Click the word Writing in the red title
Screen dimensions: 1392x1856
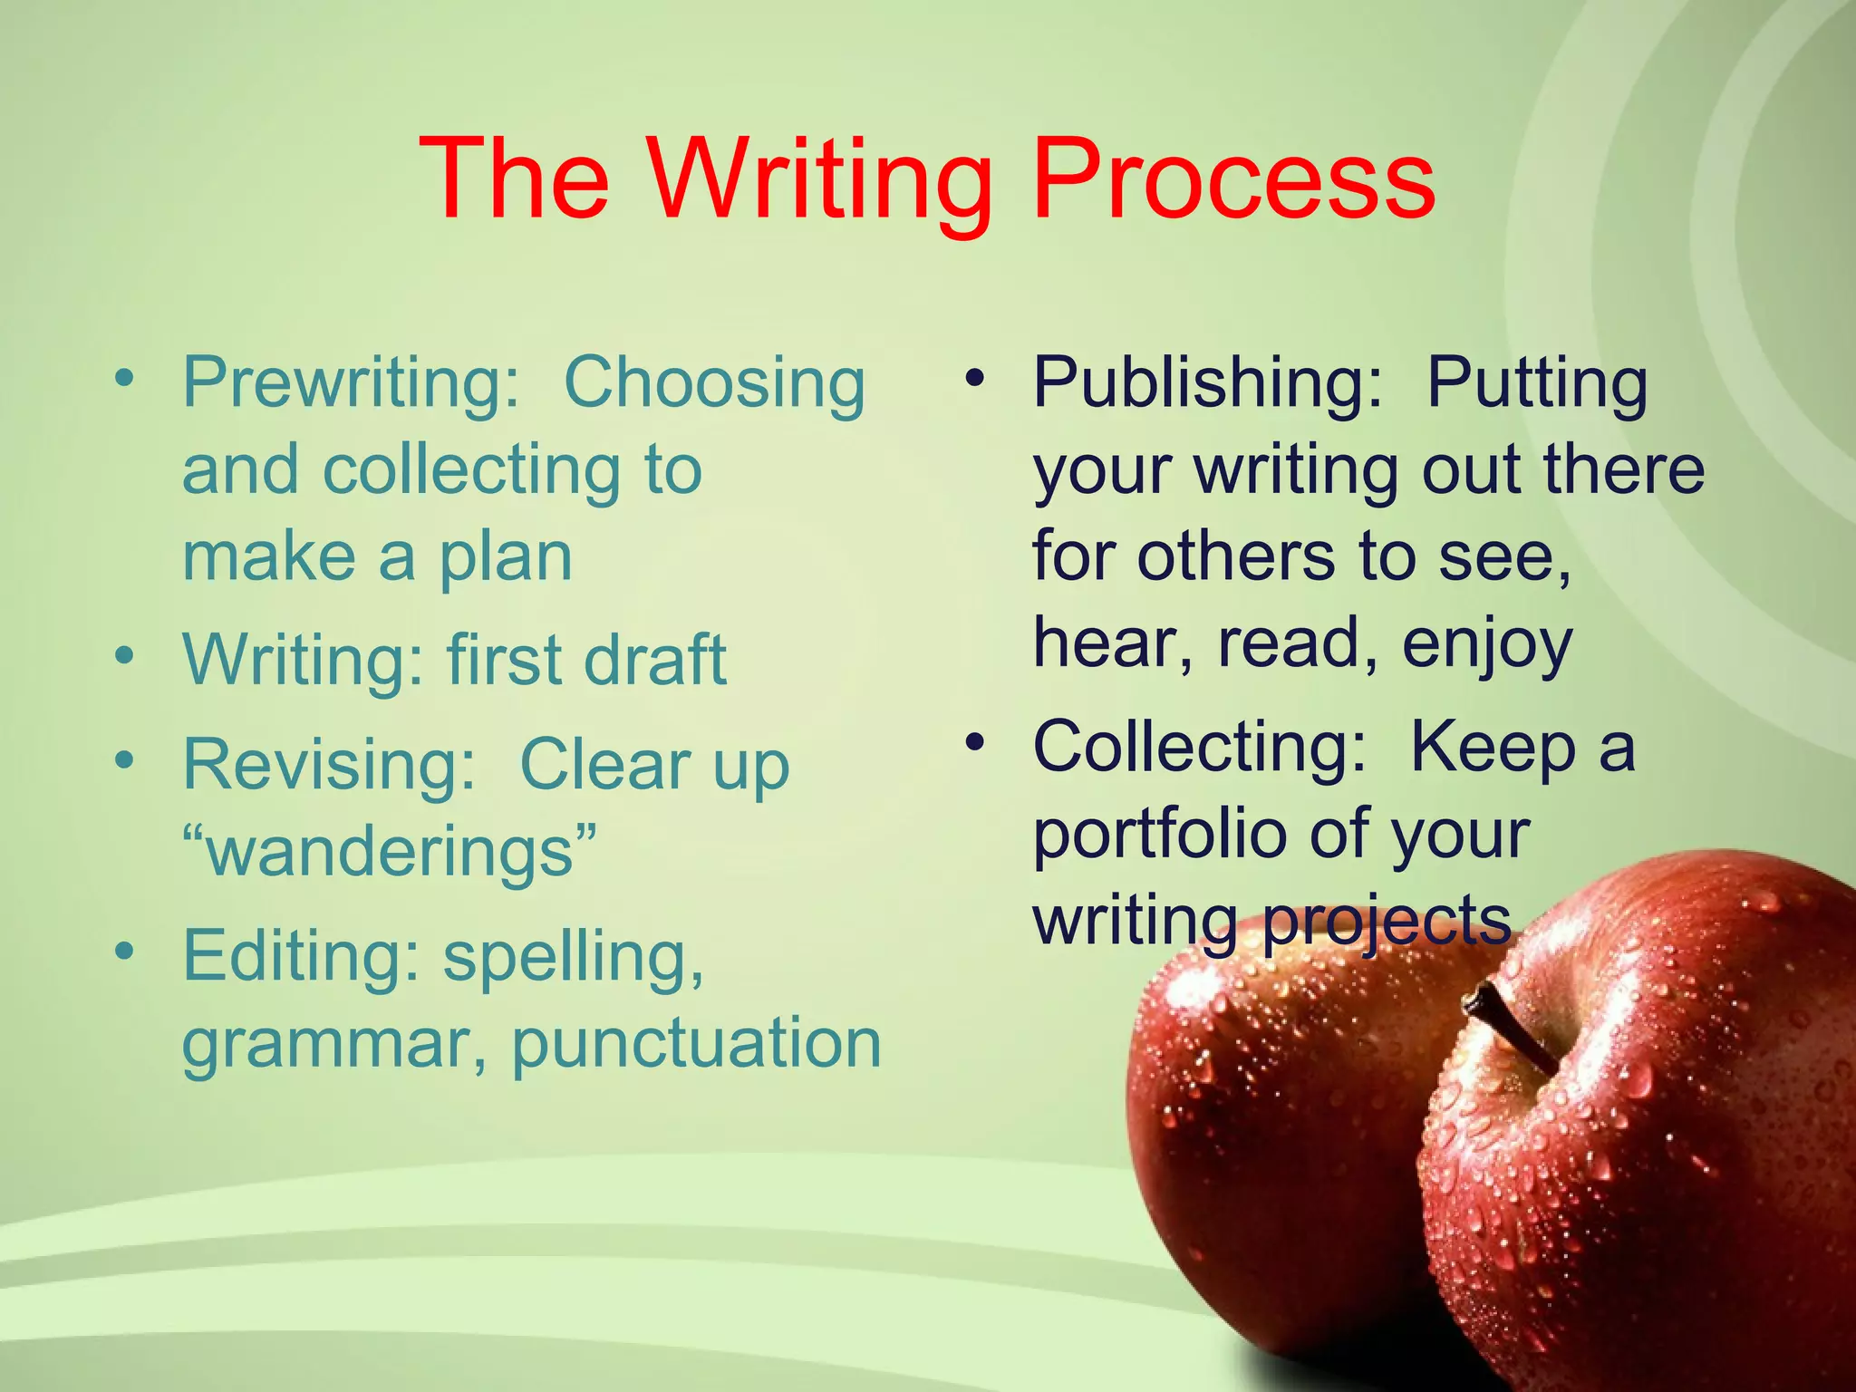820,181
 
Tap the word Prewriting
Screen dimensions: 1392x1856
351,384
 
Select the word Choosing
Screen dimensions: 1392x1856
714,384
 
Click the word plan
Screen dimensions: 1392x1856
506,559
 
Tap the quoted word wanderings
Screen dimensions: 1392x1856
390,854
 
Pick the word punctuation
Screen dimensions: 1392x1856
696,1044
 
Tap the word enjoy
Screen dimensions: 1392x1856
1486,645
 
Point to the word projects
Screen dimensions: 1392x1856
1387,923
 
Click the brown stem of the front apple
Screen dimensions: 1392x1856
1509,1028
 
